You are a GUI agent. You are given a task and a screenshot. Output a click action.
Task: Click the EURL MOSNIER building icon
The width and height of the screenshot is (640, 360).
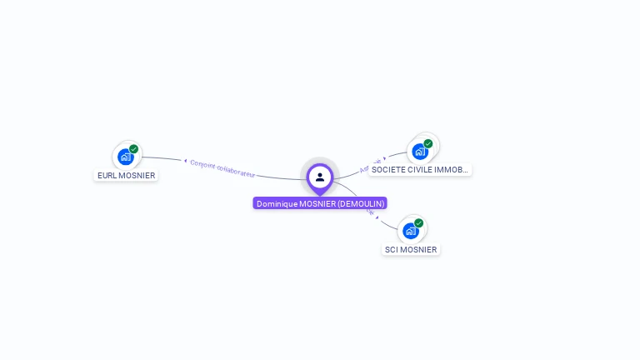pos(126,156)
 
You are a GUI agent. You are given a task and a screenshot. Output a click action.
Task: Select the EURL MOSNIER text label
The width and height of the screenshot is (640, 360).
pos(126,176)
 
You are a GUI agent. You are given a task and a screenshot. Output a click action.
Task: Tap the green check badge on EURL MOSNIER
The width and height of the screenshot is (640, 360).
pos(134,149)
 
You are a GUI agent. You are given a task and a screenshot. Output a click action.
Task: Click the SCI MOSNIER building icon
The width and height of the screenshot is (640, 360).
pos(411,230)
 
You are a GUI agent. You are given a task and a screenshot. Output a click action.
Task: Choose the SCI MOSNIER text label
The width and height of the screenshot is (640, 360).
pos(410,249)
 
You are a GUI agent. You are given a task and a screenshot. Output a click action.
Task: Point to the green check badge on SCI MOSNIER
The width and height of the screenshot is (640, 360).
pos(419,223)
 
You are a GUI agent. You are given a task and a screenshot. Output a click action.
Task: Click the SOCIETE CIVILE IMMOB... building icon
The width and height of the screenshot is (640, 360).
pos(420,151)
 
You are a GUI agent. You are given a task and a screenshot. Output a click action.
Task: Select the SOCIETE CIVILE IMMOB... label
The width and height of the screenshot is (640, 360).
pos(420,170)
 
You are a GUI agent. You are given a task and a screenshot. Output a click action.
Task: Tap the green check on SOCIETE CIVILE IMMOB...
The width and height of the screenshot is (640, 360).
pos(428,144)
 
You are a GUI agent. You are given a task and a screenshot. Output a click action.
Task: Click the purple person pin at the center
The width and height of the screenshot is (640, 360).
pos(320,177)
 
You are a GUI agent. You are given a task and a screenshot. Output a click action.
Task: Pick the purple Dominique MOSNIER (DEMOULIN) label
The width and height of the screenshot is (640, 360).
pos(320,203)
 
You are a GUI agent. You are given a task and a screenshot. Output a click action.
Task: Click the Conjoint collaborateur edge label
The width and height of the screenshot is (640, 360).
pos(222,168)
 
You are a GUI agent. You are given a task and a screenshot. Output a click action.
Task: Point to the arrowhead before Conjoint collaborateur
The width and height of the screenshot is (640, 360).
pos(185,160)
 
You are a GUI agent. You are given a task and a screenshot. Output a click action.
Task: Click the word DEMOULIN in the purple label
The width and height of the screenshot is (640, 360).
pos(361,203)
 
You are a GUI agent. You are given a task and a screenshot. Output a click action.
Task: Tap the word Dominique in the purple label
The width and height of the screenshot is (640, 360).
pos(277,203)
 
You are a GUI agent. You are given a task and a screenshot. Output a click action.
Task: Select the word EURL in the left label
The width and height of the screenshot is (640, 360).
pos(107,176)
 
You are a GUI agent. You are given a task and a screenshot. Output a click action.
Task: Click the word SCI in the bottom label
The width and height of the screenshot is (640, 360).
pos(392,249)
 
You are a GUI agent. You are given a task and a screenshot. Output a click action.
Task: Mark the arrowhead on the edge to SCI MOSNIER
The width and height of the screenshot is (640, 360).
pos(377,217)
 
